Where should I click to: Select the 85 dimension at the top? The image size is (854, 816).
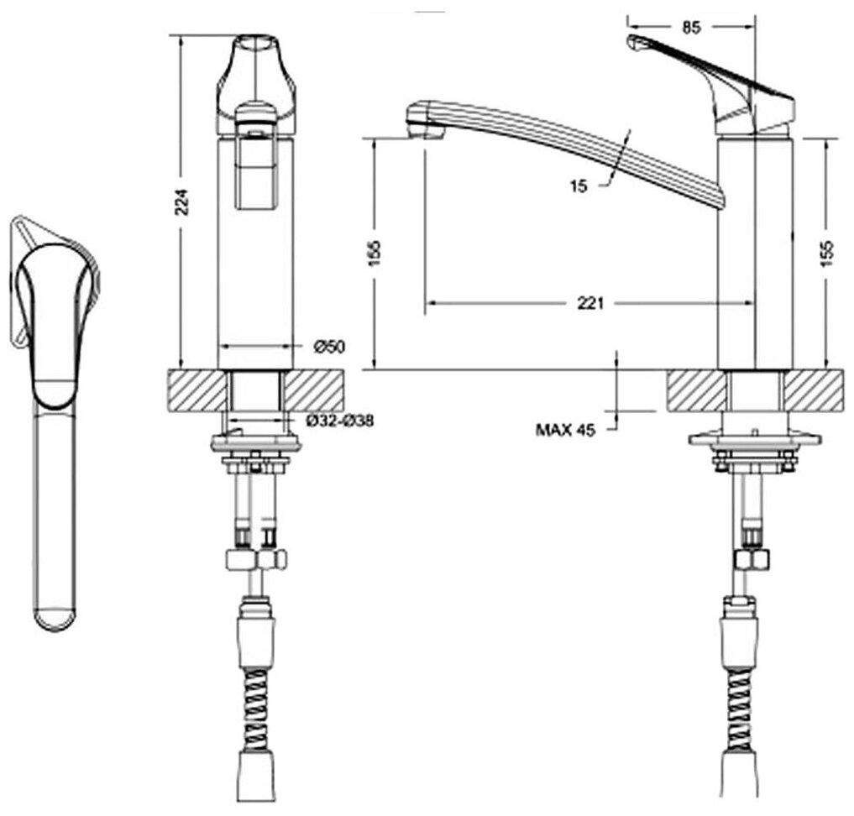pos(690,27)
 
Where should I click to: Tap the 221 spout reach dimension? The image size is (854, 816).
pos(590,304)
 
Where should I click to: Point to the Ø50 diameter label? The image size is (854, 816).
pos(330,346)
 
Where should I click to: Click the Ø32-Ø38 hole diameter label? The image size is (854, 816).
pos(340,421)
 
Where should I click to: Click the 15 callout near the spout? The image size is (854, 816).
pos(578,186)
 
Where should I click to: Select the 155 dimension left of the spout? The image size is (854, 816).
pos(375,252)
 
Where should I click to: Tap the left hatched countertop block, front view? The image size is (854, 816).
pos(198,390)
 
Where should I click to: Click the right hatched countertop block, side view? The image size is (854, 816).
pos(813,390)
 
